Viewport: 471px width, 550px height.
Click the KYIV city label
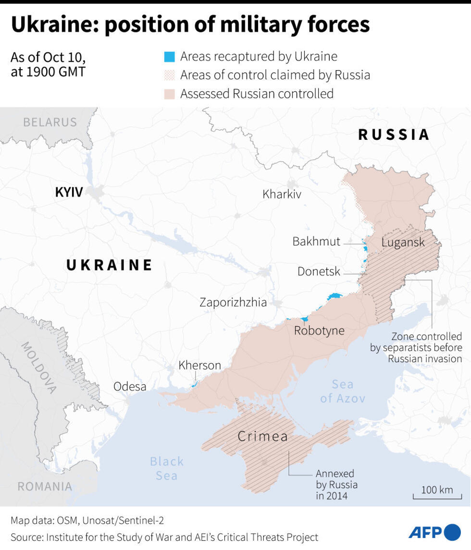[x=69, y=193]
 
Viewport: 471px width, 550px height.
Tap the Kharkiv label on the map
[x=282, y=194]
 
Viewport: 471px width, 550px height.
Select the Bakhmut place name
[x=316, y=241]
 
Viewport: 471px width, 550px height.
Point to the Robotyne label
[x=319, y=330]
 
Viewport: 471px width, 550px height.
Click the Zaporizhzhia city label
[x=233, y=302]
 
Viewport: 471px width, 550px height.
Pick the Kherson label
[x=199, y=365]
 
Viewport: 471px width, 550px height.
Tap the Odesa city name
[x=130, y=386]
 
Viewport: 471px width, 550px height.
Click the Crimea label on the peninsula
[x=263, y=437]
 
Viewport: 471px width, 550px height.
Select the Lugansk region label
[x=403, y=242]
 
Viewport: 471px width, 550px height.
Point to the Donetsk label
[x=319, y=271]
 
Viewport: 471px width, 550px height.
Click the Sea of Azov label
[x=343, y=391]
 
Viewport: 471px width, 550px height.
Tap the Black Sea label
[x=167, y=468]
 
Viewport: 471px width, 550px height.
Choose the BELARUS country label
[x=50, y=122]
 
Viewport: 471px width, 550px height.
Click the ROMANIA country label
[x=45, y=486]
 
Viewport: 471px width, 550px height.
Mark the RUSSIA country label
[x=394, y=134]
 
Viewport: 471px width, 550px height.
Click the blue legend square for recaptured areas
[x=169, y=57]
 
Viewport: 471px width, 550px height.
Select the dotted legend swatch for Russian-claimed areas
[x=169, y=75]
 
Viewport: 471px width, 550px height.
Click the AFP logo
[x=434, y=532]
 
